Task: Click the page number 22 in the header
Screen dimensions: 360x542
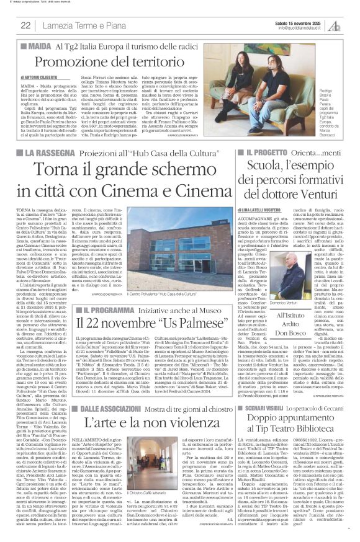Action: [26, 25]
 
